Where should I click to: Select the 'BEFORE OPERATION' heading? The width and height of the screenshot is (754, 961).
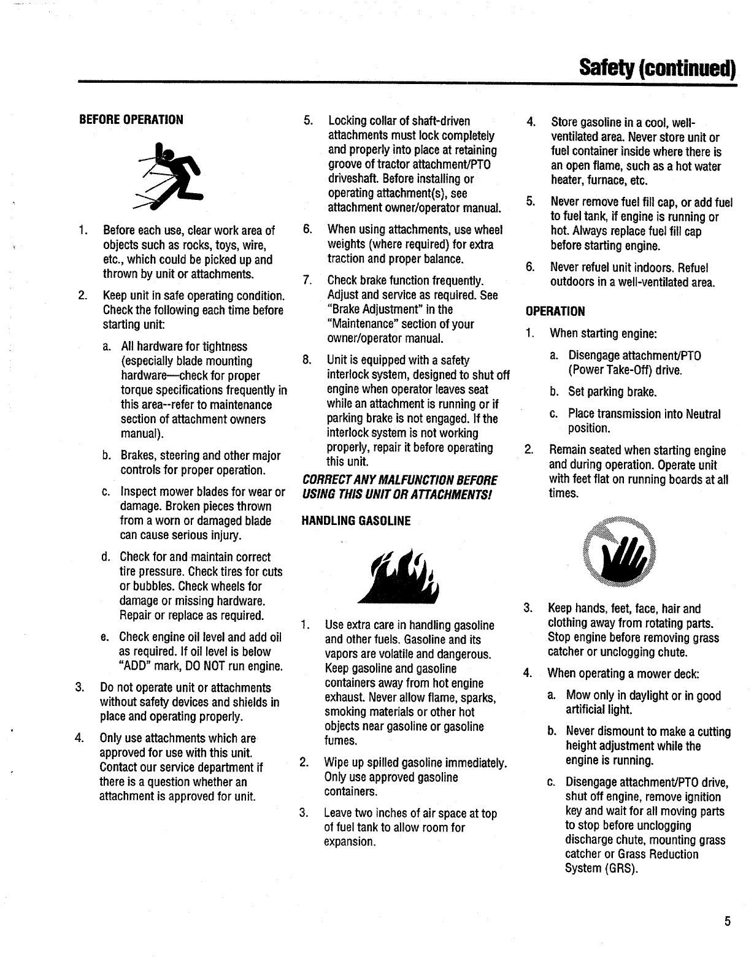(x=131, y=119)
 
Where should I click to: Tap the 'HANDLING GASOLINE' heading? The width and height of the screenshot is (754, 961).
(x=356, y=521)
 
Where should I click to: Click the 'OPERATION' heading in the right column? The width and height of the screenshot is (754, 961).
(x=555, y=312)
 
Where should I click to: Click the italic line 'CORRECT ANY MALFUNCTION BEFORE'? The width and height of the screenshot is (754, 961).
(x=399, y=480)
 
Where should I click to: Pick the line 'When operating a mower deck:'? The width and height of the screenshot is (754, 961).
(x=623, y=673)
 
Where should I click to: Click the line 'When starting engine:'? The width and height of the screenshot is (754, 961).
(x=604, y=334)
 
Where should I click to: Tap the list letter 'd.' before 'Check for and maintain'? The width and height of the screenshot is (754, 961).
(x=106, y=557)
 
